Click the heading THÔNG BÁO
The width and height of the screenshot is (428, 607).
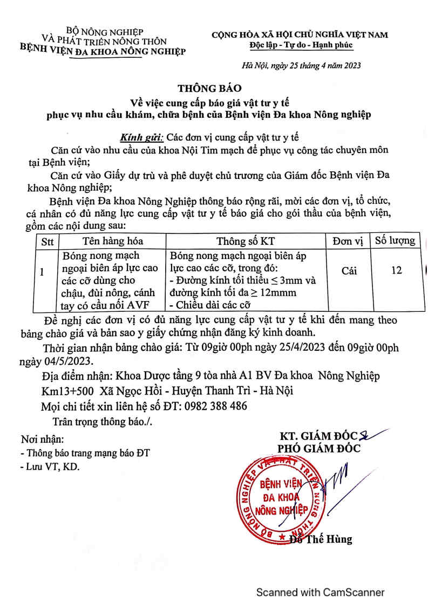coord(211,88)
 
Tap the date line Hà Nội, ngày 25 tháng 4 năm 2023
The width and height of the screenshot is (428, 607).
coord(301,65)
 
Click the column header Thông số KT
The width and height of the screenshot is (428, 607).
coord(249,241)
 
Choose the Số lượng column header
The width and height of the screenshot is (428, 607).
coord(395,240)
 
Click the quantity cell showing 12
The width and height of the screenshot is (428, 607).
coord(396,270)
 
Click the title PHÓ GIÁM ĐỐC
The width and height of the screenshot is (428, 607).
coord(319,448)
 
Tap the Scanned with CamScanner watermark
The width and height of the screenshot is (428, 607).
coord(320,592)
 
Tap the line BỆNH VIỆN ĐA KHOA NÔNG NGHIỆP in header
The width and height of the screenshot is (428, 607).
coord(103,51)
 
